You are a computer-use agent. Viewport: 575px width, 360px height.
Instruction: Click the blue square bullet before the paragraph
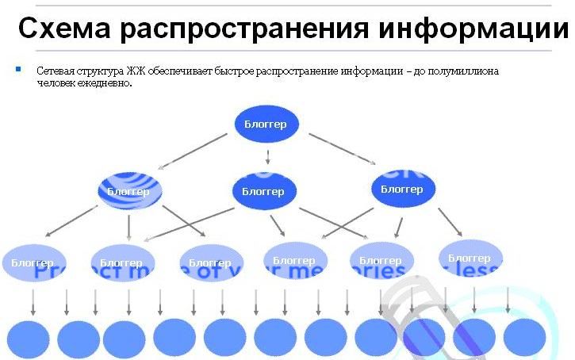17,70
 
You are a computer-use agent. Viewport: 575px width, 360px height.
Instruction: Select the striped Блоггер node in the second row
129,191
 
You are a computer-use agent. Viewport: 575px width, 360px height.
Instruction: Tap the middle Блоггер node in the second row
263,191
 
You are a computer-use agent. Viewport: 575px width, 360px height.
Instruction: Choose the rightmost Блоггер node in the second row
402,189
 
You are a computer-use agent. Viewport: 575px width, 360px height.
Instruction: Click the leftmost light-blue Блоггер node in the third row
33,262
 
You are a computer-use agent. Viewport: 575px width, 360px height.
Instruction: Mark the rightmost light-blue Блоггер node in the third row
470,258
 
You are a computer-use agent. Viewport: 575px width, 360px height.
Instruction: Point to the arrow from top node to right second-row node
343,150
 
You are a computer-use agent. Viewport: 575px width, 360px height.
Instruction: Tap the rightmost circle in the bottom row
524,338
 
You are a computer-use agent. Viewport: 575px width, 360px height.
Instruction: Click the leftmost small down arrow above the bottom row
33,301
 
